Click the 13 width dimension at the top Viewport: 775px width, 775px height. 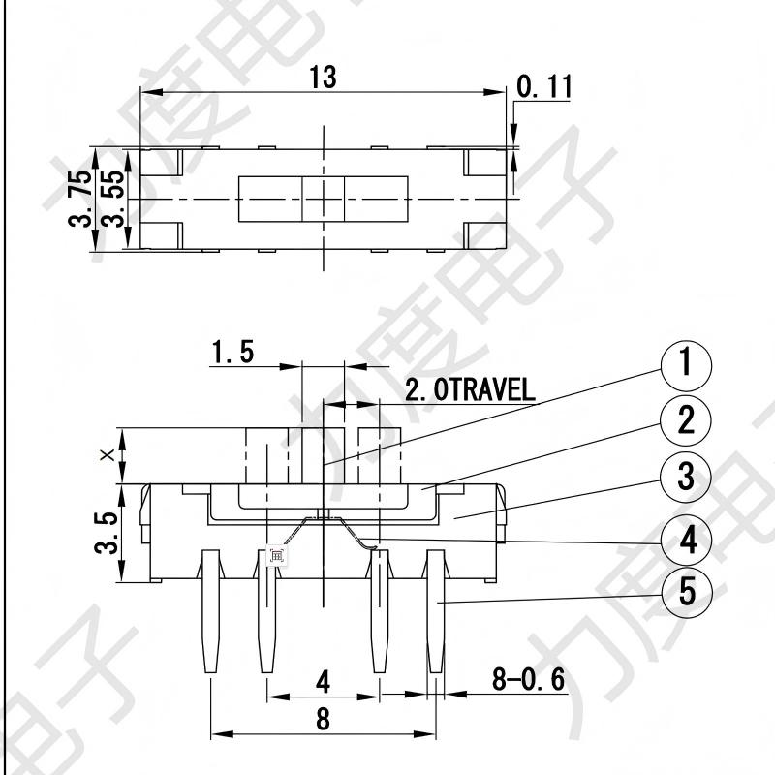(x=324, y=78)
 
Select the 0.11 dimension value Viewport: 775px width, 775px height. (x=544, y=87)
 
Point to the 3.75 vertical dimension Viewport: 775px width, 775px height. (x=82, y=198)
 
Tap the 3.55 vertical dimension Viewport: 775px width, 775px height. (x=113, y=198)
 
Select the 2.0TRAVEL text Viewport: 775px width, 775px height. (x=469, y=391)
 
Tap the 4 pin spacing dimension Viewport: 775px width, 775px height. (x=323, y=683)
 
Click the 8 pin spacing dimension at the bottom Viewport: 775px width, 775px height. (x=323, y=719)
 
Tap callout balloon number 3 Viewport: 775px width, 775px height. (x=685, y=478)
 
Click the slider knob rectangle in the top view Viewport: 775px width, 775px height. (x=323, y=199)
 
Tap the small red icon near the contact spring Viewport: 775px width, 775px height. (x=276, y=556)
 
